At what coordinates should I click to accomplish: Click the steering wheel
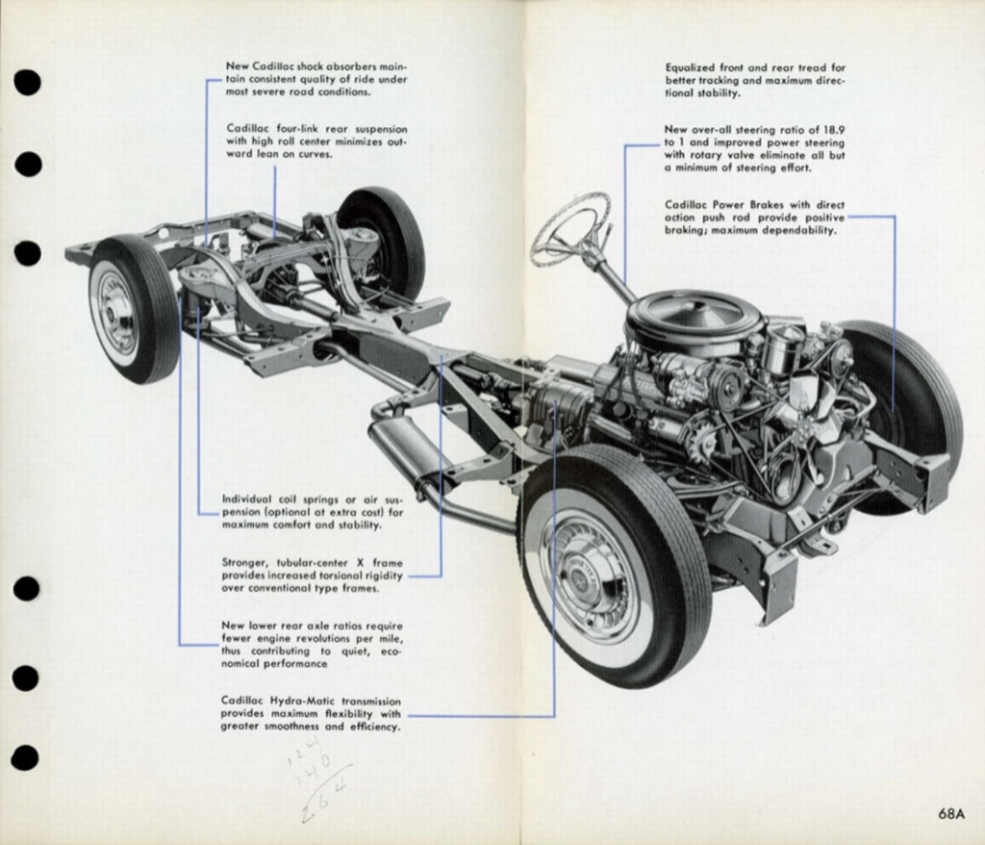click(x=569, y=229)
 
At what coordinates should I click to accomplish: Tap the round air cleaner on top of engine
click(x=694, y=319)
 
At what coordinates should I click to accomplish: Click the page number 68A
click(x=950, y=813)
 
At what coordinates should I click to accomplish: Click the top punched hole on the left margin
click(x=27, y=83)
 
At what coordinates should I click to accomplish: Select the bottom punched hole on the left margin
click(x=25, y=758)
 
